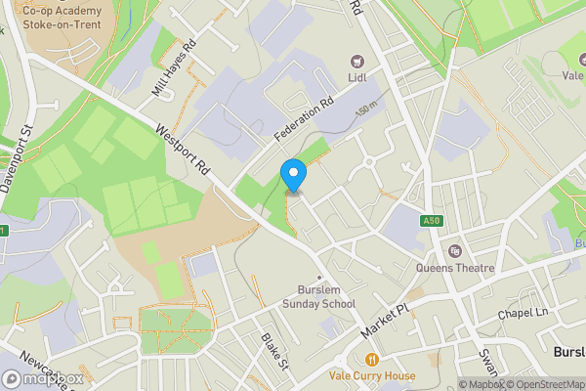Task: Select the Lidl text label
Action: pyautogui.click(x=356, y=77)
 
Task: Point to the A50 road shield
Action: pyautogui.click(x=433, y=222)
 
